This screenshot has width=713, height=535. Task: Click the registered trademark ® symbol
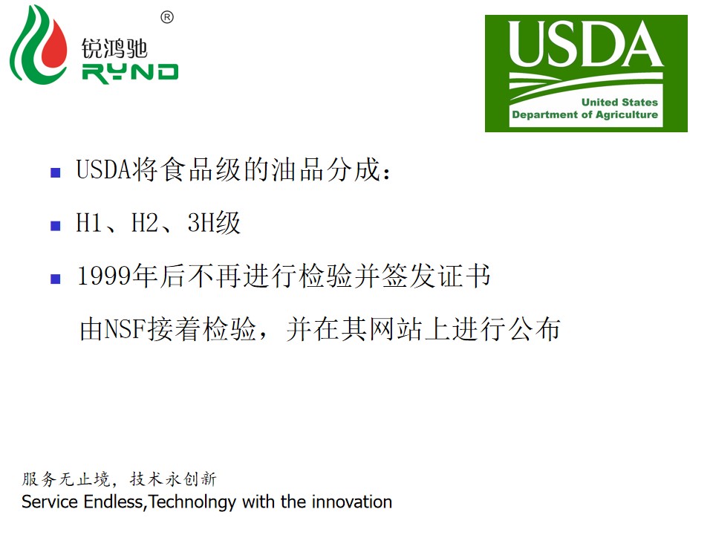coord(167,17)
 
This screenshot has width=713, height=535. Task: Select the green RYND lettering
coord(131,74)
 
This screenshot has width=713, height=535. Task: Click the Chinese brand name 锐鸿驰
coord(114,49)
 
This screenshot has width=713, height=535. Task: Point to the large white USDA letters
coord(586,44)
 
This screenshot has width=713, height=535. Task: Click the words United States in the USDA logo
coord(619,102)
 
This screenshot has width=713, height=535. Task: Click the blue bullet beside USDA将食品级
coord(56,173)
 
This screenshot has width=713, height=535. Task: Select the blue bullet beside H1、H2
coord(56,226)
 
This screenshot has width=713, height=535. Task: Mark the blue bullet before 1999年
coord(56,279)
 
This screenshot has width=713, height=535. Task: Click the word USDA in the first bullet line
coord(104,169)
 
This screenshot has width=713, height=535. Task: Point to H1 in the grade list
coord(89,223)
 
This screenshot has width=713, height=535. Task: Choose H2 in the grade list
coord(145,223)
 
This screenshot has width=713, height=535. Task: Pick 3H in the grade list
coord(201,223)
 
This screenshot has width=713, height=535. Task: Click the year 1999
coord(105,276)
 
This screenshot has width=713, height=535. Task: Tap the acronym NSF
coord(126,328)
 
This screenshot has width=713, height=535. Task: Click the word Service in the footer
coord(50,502)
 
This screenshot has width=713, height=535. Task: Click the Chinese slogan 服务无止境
coord(66,479)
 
